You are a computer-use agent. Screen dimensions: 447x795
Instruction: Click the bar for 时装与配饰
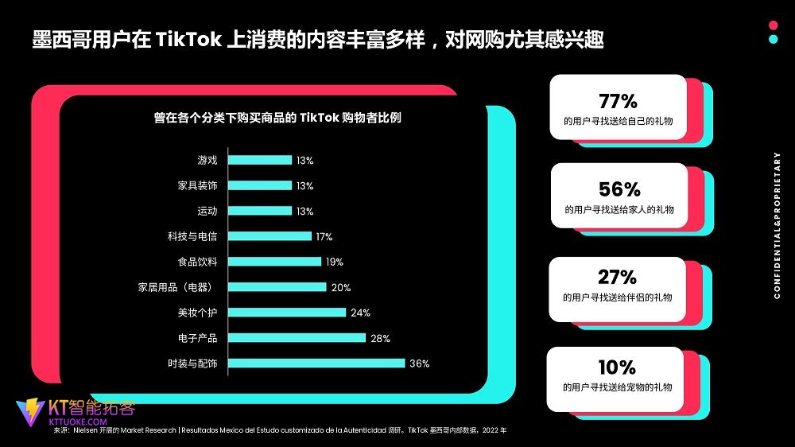(316, 363)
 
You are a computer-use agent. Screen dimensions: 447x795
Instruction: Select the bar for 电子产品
(297, 338)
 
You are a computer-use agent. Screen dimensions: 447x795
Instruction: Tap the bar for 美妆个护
(287, 313)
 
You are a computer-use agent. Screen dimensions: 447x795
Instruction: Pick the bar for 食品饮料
(274, 262)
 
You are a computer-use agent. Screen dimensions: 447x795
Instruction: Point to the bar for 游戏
(260, 160)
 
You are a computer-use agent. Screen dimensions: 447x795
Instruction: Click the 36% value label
(419, 363)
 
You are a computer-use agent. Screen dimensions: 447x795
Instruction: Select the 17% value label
(324, 236)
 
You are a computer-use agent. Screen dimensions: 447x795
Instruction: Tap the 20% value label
(340, 287)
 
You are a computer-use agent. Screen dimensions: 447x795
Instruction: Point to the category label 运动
(207, 211)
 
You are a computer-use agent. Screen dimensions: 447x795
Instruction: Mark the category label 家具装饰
(198, 185)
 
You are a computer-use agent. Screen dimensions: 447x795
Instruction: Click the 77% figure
(618, 102)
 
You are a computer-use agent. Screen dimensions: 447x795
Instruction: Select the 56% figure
(619, 189)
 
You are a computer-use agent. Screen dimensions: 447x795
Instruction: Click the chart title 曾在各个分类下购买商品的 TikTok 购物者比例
(277, 118)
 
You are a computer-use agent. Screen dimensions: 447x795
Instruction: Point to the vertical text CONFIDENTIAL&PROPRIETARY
(778, 225)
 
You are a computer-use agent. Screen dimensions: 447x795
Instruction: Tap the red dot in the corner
(774, 24)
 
